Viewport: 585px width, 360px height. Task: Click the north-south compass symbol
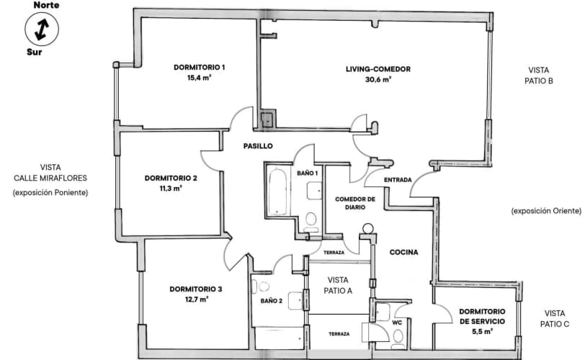[40, 29]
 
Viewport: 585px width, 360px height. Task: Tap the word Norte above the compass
[40, 5]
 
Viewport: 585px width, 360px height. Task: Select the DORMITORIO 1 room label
[200, 68]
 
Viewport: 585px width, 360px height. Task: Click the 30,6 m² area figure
[378, 80]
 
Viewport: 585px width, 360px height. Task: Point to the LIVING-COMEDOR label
[378, 69]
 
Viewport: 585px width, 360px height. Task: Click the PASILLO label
[257, 145]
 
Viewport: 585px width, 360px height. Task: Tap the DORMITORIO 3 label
[196, 289]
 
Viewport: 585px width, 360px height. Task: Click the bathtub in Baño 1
[277, 191]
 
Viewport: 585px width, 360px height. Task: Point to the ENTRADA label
[398, 179]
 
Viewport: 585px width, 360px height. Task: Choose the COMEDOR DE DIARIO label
[355, 202]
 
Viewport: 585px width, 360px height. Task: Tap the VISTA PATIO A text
[339, 285]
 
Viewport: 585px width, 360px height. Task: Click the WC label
[396, 323]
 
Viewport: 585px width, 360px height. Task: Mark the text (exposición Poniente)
[50, 192]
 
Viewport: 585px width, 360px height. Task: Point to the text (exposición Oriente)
[545, 211]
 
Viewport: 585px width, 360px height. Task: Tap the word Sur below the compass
[34, 52]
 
